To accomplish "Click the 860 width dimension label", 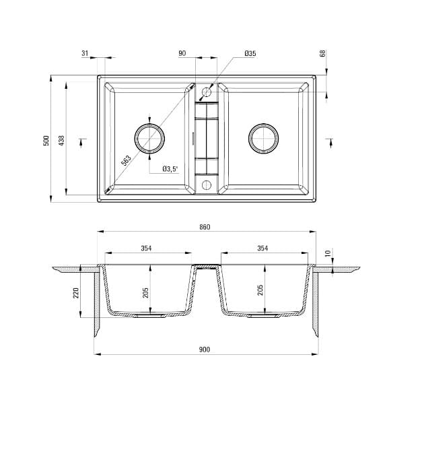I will coord(205,227).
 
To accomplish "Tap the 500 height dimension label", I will coord(46,140).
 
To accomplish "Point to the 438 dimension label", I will coord(62,140).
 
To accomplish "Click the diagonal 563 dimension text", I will coord(126,160).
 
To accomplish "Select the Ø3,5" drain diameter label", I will coord(170,169).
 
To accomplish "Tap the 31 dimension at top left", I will coord(85,53).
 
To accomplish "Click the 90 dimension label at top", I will coord(182,53).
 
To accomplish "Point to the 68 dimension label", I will coord(323,53).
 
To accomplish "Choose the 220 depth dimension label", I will coord(76,292).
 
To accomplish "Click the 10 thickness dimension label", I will coord(328,253).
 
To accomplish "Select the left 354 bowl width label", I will coord(146,249).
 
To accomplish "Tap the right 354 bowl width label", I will coord(262,249).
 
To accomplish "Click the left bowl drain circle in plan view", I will coord(149,139).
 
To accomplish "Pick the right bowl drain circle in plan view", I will coord(263,138).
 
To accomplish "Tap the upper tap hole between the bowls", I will coord(207,92).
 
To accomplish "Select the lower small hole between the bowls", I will coord(207,185).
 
